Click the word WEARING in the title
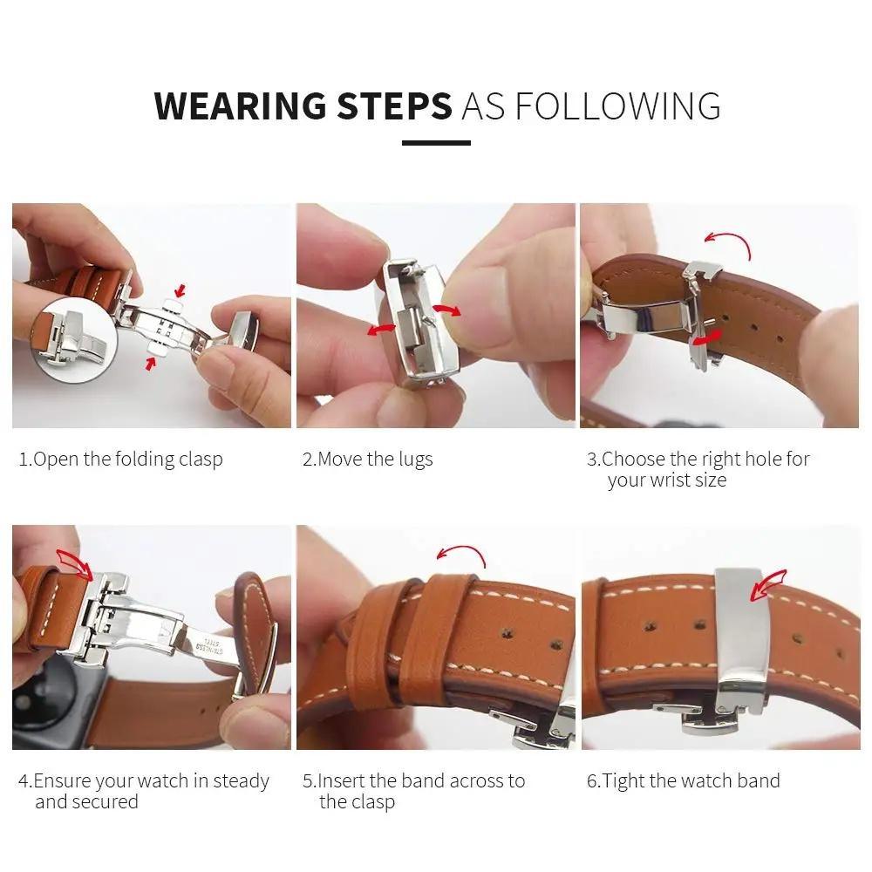[x=240, y=106]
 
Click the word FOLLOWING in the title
[x=618, y=106]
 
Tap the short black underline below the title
[x=436, y=143]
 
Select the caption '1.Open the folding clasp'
[x=120, y=460]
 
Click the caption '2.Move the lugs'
[x=367, y=460]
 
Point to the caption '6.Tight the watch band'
[x=683, y=780]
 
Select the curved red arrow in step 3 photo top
[x=728, y=240]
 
